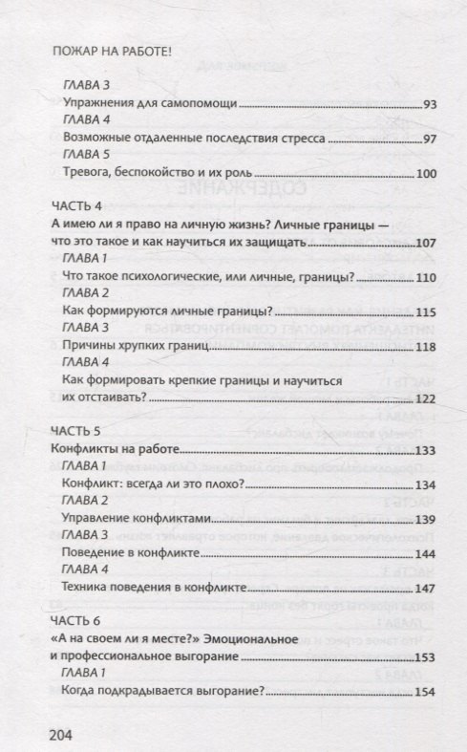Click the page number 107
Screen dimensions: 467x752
click(425, 245)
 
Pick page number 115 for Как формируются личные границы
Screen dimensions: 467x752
click(425, 312)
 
